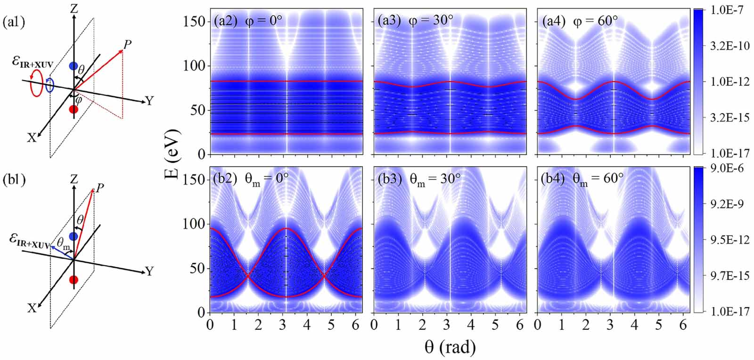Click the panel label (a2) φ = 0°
(x=245, y=21)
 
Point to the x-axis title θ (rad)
(x=450, y=348)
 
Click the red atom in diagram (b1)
(x=74, y=279)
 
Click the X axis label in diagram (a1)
(x=32, y=138)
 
